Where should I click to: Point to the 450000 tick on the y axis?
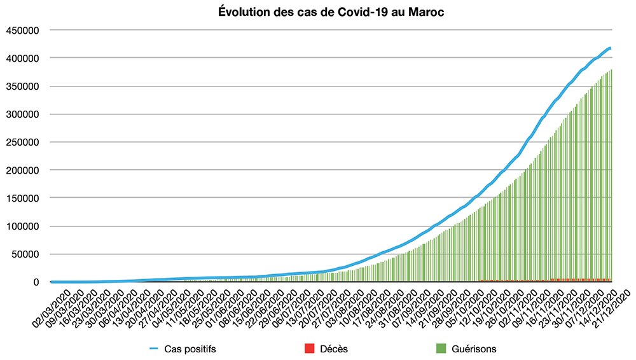click(x=23, y=31)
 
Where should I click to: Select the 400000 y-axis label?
click(x=23, y=59)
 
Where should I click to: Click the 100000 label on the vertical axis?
click(x=23, y=226)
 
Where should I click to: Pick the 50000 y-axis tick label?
click(x=25, y=254)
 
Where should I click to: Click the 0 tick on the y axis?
click(x=36, y=282)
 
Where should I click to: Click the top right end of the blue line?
click(x=610, y=48)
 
